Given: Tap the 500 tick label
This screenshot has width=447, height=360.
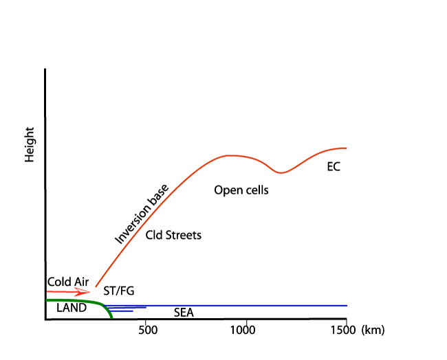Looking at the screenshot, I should [x=147, y=330].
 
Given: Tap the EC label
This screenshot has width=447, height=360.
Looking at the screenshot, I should [x=334, y=166].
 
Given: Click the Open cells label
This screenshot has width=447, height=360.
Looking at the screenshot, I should [x=241, y=190].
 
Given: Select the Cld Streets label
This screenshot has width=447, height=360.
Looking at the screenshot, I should [x=173, y=235].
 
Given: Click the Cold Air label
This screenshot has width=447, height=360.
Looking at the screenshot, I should [x=68, y=282].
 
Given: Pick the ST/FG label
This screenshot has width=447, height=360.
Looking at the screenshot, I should [x=118, y=291].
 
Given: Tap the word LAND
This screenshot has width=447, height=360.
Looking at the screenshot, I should [x=72, y=308].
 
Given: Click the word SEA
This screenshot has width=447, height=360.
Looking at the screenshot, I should [x=184, y=313].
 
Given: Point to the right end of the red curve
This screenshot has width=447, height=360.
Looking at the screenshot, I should [x=346, y=148].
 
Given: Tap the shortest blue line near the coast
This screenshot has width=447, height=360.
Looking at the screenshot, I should [x=122, y=311].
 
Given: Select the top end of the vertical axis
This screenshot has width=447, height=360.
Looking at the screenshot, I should [x=45, y=69].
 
